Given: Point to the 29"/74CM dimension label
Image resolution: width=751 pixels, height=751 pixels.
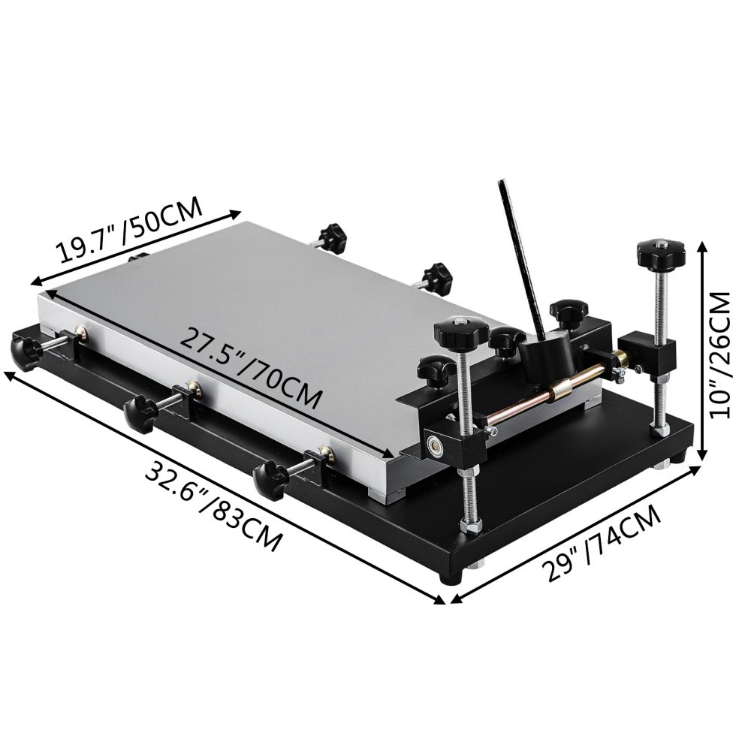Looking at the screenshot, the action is pyautogui.click(x=602, y=544).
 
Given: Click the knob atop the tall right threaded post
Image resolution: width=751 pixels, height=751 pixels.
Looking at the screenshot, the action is pyautogui.click(x=660, y=255).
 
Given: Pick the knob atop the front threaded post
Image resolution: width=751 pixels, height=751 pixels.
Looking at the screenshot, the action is pyautogui.click(x=461, y=333).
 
